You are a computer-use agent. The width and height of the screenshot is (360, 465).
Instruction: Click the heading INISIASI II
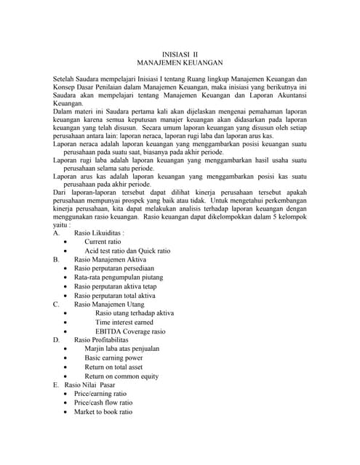pos(180,54)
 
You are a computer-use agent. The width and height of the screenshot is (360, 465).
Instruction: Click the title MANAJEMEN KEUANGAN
pos(180,64)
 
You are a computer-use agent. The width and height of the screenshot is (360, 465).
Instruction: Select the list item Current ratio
pos(103,241)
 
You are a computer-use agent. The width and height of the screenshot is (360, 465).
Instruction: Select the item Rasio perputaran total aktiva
pos(115,296)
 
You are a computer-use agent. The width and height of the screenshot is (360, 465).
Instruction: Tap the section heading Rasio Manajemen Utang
pos(109,304)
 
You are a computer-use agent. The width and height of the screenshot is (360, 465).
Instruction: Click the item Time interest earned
pos(124,322)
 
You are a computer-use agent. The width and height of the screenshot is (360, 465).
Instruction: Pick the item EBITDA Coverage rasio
pos(130,331)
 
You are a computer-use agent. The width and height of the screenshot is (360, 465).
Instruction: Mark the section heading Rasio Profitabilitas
pos(101,340)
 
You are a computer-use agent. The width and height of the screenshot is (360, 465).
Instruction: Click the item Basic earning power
pos(113,358)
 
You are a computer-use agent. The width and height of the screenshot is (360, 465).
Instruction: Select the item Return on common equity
pos(121,376)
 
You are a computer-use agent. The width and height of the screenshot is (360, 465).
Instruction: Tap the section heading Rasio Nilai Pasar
pos(95,385)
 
